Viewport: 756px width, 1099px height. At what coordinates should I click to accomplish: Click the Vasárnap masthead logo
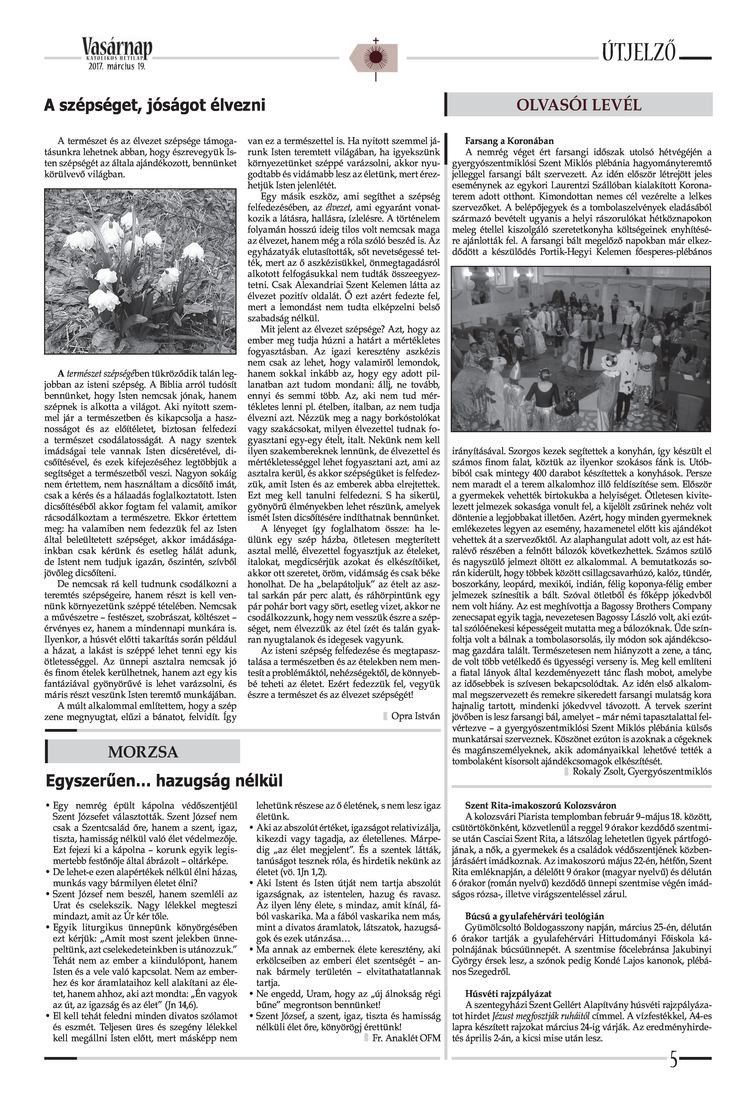point(117,49)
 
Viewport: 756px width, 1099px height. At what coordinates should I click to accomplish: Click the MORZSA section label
point(143,752)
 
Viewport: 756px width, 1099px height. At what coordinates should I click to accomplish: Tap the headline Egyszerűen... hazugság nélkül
point(164,780)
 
